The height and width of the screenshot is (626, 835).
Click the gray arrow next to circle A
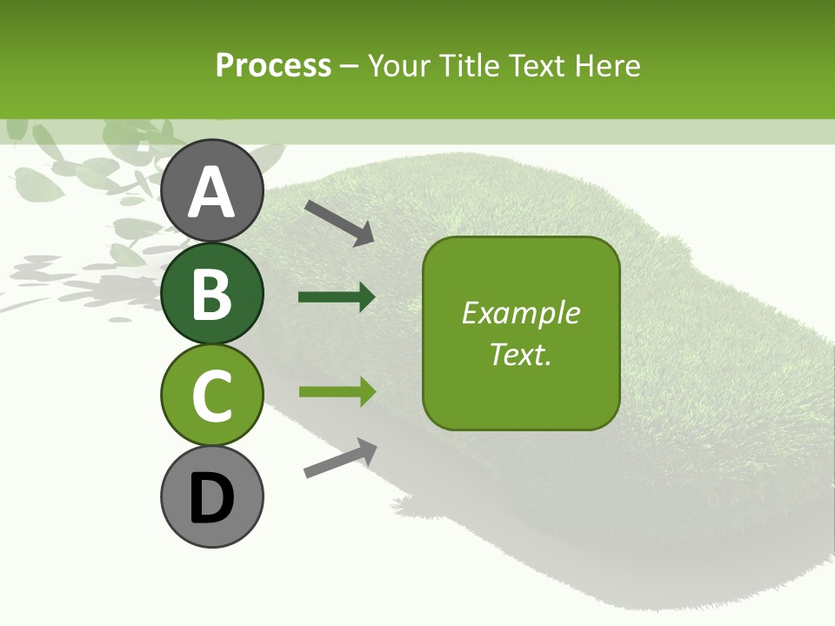point(339,222)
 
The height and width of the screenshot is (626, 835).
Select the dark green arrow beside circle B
point(337,297)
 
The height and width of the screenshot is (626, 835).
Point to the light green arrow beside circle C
point(337,391)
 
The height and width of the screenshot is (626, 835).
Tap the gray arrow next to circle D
point(340,458)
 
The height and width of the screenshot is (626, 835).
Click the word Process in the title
point(273,65)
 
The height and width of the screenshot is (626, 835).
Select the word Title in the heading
point(469,65)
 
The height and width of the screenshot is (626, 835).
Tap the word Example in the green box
point(520,313)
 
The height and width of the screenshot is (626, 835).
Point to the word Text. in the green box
point(520,354)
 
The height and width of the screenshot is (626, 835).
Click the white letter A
point(211,191)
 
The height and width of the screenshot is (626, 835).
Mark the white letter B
point(211,293)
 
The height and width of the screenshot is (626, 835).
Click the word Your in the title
point(399,65)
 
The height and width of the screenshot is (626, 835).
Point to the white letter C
point(211,395)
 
